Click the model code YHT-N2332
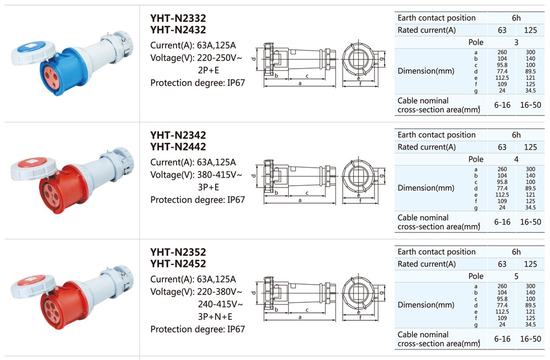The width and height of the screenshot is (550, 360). tap(178, 18)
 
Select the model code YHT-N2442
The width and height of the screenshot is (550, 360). tap(178, 147)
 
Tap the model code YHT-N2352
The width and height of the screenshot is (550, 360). tap(178, 252)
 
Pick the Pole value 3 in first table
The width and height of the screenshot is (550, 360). tap(516, 42)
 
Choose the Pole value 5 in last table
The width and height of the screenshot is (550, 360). tap(516, 276)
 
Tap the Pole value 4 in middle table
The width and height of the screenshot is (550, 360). tap(516, 159)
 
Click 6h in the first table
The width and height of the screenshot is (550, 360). tap(516, 18)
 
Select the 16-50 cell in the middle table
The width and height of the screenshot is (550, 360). tap(530, 222)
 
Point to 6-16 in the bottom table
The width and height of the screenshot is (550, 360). tap(502, 339)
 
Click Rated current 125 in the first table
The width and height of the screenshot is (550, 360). tap(530, 30)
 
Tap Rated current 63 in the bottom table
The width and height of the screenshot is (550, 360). tap(502, 264)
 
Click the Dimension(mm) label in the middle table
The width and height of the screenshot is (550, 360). tap(426, 188)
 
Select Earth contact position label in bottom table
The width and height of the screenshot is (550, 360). tap(437, 252)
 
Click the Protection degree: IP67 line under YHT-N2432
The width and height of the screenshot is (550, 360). tap(197, 83)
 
